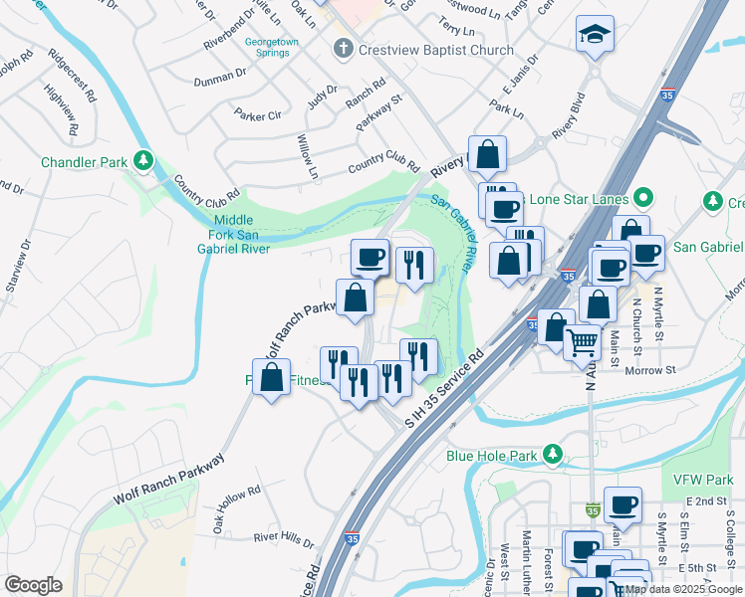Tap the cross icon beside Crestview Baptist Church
pyautogui.click(x=344, y=49)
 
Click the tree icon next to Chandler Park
pyautogui.click(x=144, y=160)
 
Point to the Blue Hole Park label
pyautogui.click(x=492, y=456)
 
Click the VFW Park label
pyautogui.click(x=702, y=480)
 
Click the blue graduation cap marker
pyautogui.click(x=595, y=35)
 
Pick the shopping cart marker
pyautogui.click(x=583, y=342)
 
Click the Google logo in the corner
pyautogui.click(x=33, y=585)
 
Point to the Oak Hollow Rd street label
pyautogui.click(x=238, y=508)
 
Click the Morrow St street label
pyautogui.click(x=649, y=370)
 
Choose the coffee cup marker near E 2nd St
pyautogui.click(x=622, y=505)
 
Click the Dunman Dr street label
pyautogui.click(x=219, y=75)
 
